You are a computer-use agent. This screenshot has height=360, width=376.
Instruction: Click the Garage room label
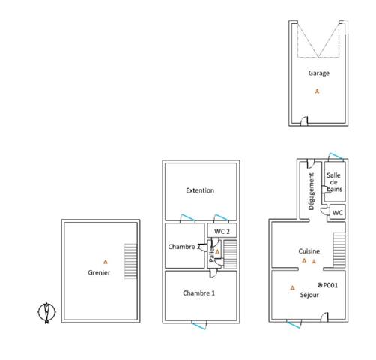click(318, 73)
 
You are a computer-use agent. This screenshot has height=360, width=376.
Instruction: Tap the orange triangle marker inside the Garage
click(318, 91)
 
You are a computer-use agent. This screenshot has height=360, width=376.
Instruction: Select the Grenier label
click(99, 273)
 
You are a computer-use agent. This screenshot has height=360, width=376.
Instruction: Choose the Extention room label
click(200, 190)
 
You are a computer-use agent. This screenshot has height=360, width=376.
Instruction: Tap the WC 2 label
click(222, 231)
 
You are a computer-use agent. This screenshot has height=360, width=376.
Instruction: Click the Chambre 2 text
click(183, 247)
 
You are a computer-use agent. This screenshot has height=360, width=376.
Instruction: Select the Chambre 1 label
click(198, 292)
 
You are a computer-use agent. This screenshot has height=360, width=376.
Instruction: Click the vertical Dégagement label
click(310, 192)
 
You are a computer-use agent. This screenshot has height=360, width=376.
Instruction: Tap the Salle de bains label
click(333, 182)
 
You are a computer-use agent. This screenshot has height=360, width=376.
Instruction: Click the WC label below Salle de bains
click(337, 213)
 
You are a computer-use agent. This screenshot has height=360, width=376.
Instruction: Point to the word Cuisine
click(309, 251)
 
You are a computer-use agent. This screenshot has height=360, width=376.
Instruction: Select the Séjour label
click(309, 295)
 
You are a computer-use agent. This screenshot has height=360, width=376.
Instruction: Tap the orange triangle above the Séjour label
click(291, 286)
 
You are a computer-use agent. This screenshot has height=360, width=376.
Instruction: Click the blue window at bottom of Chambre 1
click(200, 323)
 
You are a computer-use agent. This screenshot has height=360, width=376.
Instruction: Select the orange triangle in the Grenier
click(106, 261)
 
